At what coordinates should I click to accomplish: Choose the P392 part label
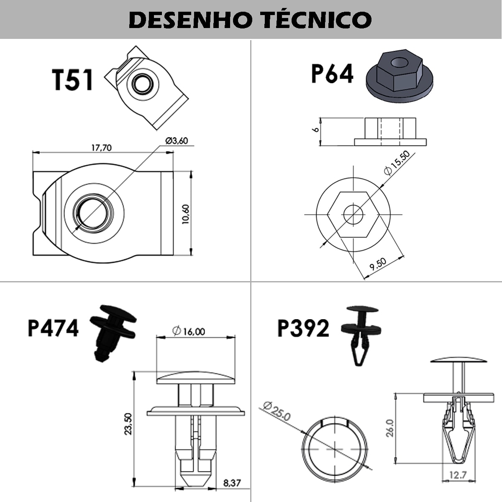[303, 328]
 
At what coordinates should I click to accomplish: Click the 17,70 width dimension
[101, 148]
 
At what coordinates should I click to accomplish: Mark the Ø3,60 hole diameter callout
[177, 141]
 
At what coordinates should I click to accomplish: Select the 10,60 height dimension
[186, 214]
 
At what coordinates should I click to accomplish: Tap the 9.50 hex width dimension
[378, 265]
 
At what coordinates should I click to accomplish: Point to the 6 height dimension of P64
[316, 129]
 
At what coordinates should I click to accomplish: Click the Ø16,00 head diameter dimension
[189, 331]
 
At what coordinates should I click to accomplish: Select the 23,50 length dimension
[128, 423]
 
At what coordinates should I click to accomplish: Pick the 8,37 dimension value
[232, 483]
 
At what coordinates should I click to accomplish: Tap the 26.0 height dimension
[389, 428]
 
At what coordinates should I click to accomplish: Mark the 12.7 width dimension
[458, 475]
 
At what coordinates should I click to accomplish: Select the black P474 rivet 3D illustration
[112, 331]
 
